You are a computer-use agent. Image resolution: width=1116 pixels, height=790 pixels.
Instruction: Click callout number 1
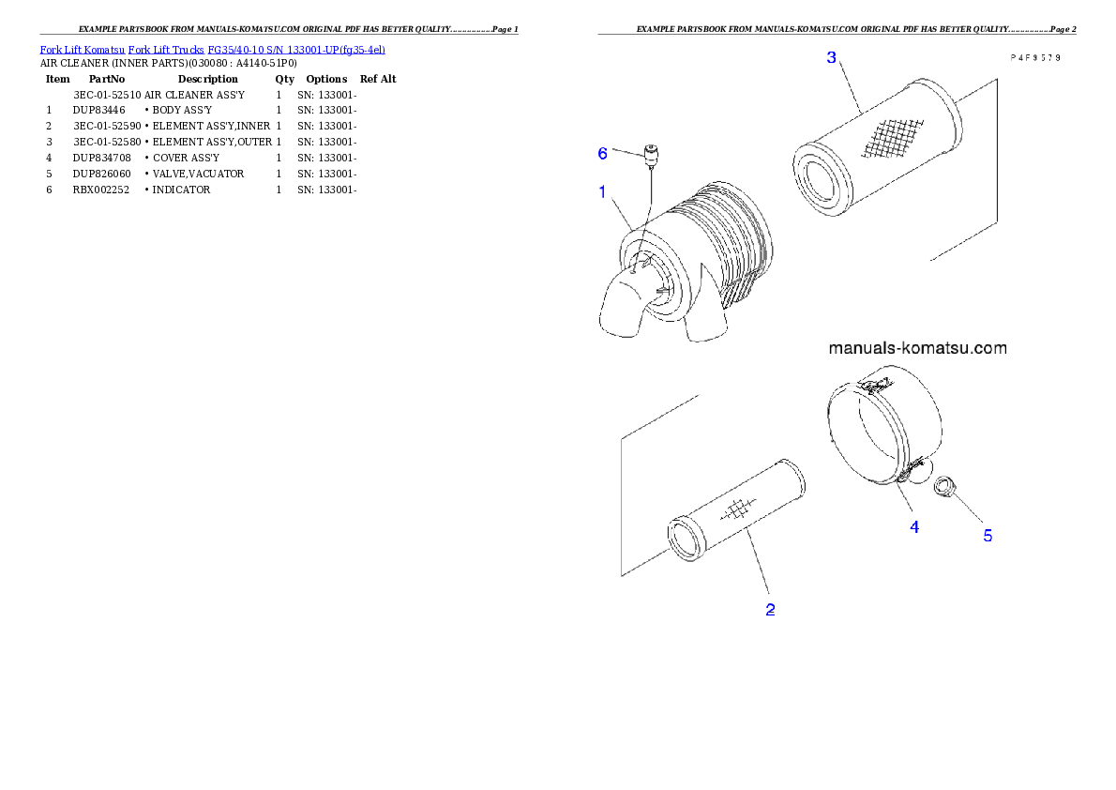coord(603,191)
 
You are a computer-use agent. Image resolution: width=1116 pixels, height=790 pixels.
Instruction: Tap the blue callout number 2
coord(770,610)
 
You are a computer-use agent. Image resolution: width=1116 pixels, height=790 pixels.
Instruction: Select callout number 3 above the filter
coord(831,58)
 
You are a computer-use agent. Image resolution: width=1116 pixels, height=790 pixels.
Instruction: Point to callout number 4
coord(914,527)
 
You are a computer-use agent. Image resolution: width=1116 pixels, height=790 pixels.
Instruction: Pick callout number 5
coord(988,536)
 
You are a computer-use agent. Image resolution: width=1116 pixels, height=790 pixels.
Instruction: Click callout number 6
coord(603,153)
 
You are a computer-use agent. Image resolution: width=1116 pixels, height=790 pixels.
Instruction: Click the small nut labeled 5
coord(944,485)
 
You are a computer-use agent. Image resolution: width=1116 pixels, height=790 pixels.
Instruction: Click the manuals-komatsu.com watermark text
coord(917,348)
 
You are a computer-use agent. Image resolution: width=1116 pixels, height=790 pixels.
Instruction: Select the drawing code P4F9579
coord(1034,57)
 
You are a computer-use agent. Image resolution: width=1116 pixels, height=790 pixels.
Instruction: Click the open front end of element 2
coord(687,539)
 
